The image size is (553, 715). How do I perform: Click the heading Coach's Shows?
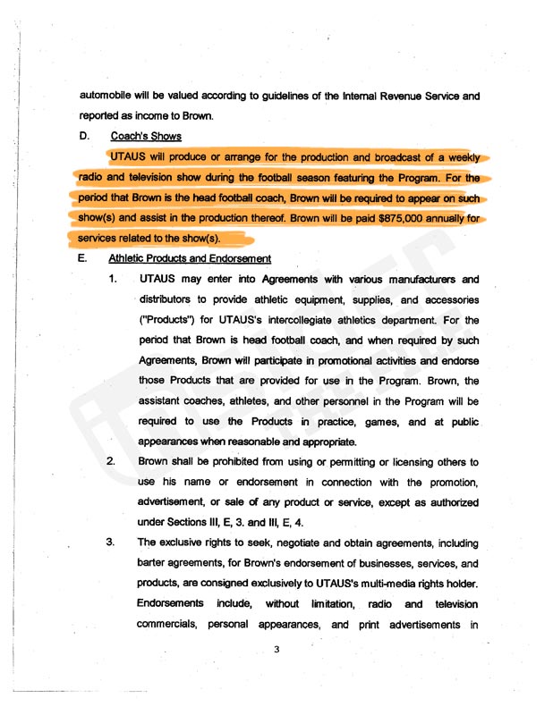pyautogui.click(x=145, y=137)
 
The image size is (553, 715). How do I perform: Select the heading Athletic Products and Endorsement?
pyautogui.click(x=190, y=259)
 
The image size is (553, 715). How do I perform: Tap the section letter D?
pyautogui.click(x=84, y=137)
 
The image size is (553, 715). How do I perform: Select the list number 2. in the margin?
pyautogui.click(x=112, y=463)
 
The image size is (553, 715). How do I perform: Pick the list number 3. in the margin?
pyautogui.click(x=112, y=543)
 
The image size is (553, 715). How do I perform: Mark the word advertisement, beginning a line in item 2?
pyautogui.click(x=178, y=503)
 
